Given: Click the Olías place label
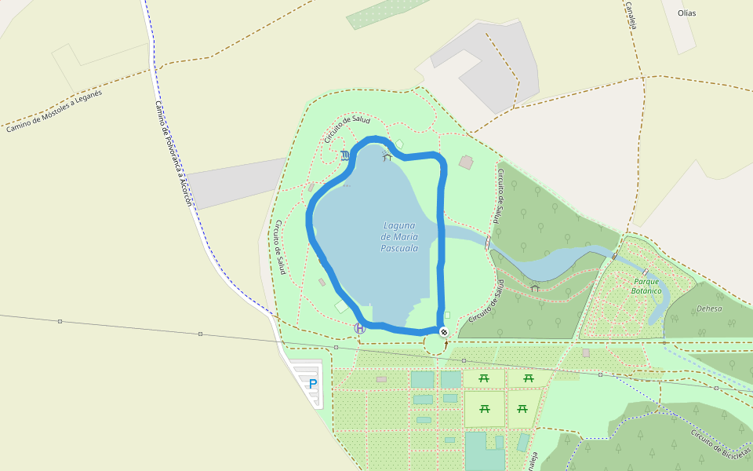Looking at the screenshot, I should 687,13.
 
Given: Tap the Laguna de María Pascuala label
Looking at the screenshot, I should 398,236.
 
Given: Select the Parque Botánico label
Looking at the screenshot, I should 646,286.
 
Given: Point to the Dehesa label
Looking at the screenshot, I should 709,309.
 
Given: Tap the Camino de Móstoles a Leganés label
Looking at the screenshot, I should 54,110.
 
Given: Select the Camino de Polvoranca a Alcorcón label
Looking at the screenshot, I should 173,153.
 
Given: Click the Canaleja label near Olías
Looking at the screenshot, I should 630,15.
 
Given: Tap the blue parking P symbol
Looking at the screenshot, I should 313,385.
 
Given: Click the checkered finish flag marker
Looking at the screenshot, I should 444,332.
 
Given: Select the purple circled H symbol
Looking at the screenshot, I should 360,328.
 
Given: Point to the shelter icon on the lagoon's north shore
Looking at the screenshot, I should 387,157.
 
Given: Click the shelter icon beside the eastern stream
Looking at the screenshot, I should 535,288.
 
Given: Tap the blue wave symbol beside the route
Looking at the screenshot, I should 346,155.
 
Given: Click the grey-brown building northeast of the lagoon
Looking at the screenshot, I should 466,162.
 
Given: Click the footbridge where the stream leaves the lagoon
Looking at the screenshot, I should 488,242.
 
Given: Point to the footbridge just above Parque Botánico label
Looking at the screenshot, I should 645,272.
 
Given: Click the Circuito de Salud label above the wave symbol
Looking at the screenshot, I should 347,129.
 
